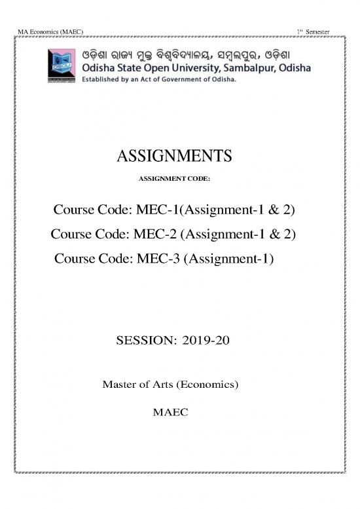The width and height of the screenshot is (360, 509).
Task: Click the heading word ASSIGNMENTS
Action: click(x=173, y=156)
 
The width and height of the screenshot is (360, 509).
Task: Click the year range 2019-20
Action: click(x=203, y=341)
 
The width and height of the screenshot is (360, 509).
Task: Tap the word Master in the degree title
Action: click(x=120, y=383)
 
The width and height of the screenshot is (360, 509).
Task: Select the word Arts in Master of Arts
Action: click(x=168, y=383)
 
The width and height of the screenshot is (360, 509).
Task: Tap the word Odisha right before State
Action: click(x=100, y=68)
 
